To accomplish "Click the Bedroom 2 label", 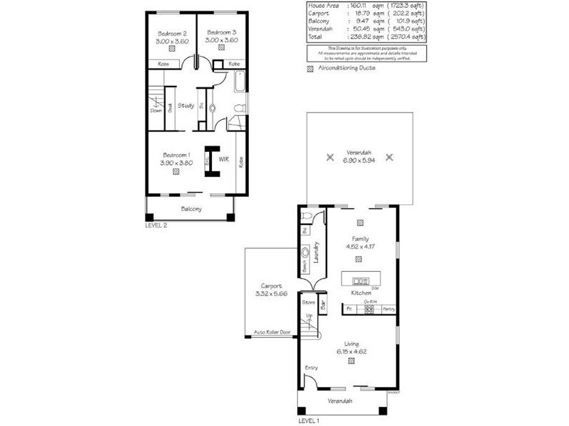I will click(171, 33).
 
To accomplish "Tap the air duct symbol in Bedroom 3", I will click(220, 50).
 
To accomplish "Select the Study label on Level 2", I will click(186, 106).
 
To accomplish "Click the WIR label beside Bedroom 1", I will click(223, 158).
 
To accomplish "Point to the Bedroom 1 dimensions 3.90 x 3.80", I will click(175, 163).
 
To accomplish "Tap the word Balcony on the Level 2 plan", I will click(191, 209).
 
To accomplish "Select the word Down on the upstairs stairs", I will click(156, 110).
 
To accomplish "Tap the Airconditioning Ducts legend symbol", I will click(309, 68).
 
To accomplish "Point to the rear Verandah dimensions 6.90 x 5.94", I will click(358, 160).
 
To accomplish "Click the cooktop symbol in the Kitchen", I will click(369, 310).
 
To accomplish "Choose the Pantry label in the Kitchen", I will click(388, 309).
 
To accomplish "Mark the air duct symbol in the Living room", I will click(351, 361).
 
